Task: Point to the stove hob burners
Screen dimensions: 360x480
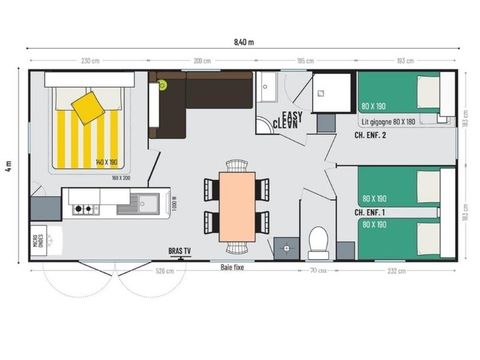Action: [83, 209]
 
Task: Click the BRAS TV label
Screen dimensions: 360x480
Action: [182, 251]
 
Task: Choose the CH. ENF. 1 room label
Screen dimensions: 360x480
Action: [370, 212]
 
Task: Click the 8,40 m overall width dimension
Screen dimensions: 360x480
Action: [243, 42]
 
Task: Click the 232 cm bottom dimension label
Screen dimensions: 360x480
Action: [397, 270]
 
